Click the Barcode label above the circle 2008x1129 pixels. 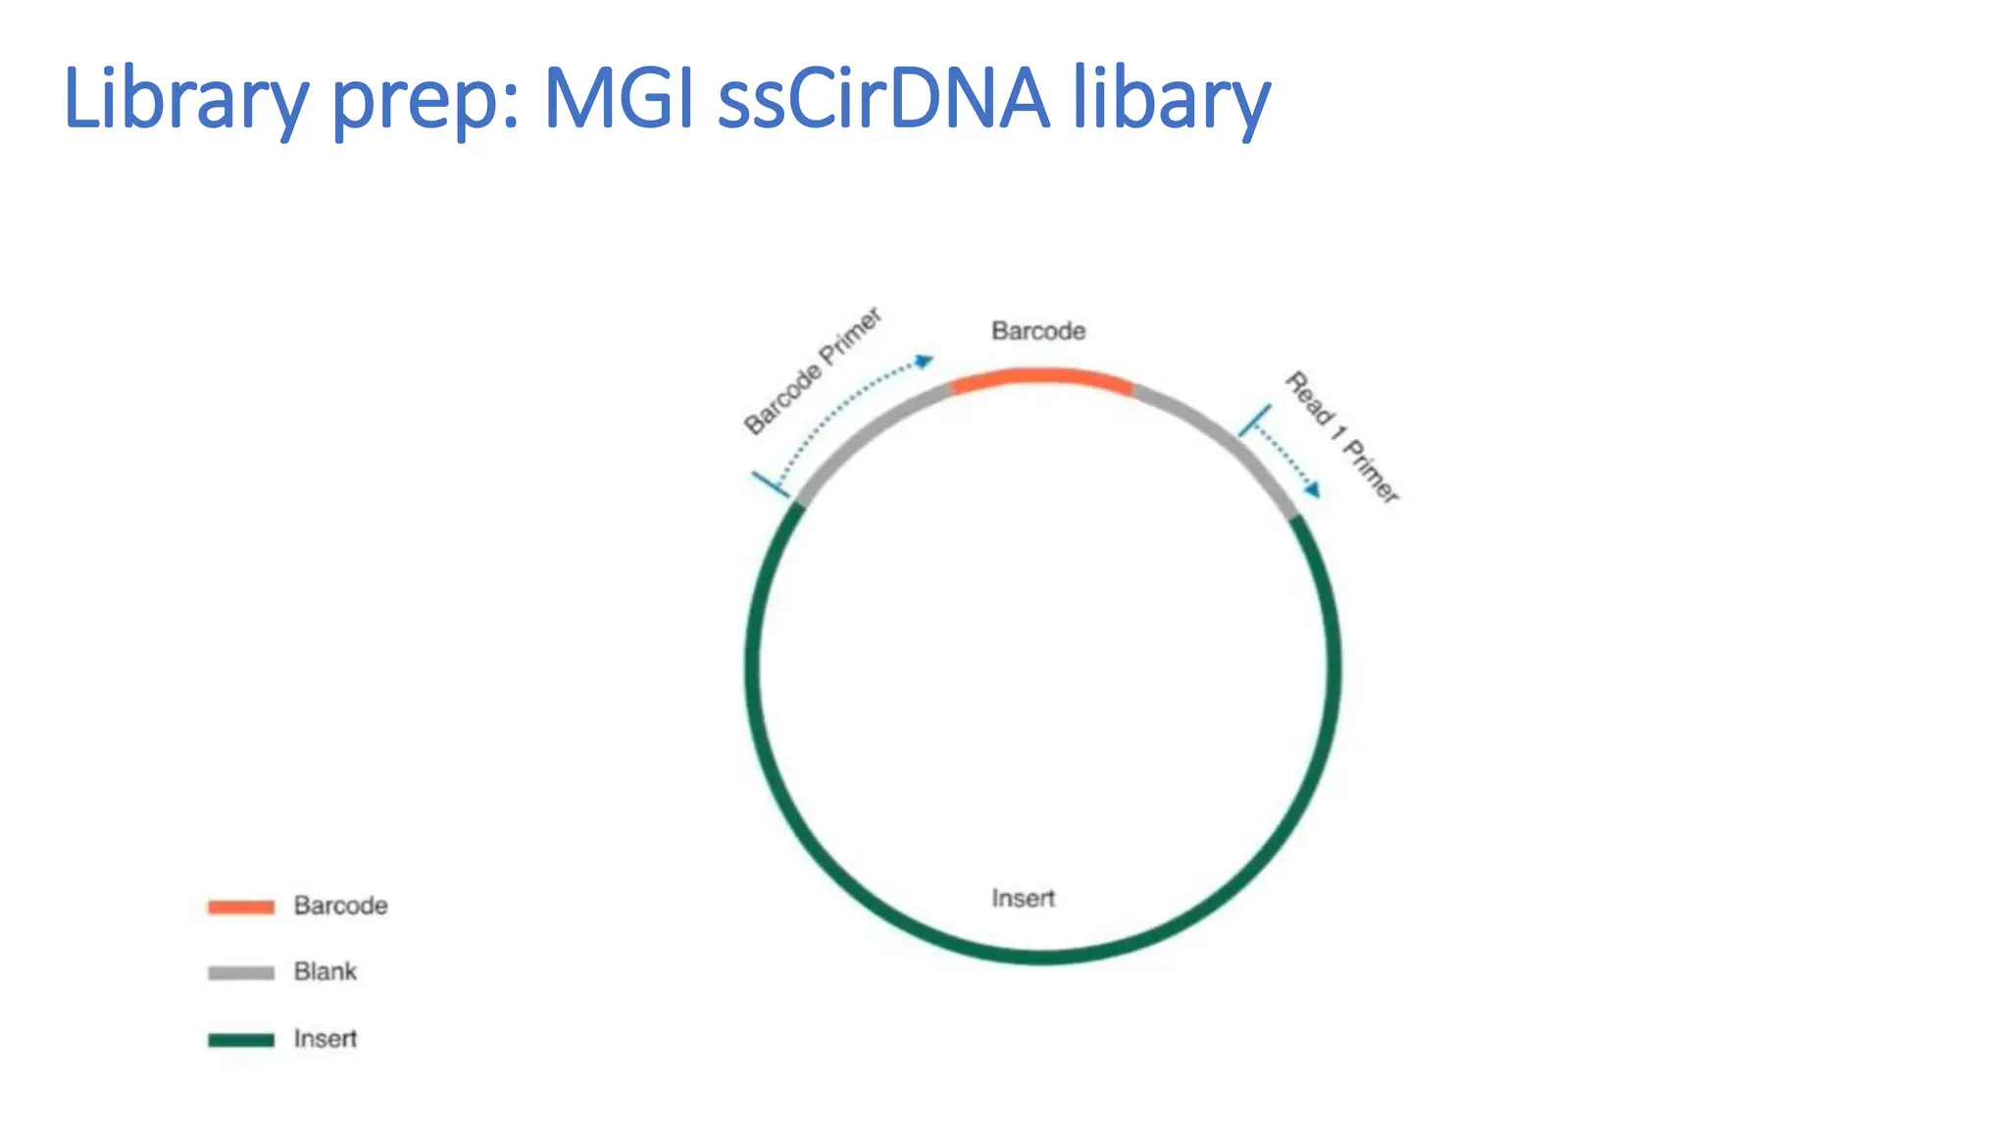pos(1038,331)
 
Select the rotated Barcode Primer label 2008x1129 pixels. pos(813,371)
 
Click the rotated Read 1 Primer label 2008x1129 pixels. pos(1342,437)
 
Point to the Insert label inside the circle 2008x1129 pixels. pos(1023,898)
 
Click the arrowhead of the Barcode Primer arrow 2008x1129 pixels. pos(924,362)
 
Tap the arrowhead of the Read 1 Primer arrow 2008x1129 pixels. pos(1312,489)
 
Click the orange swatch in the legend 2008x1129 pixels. pos(241,907)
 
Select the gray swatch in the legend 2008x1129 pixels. pos(241,972)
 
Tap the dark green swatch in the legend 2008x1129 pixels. pos(241,1039)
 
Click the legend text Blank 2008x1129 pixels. pos(326,971)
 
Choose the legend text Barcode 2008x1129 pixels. pos(340,906)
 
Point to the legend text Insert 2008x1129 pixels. pos(326,1038)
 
